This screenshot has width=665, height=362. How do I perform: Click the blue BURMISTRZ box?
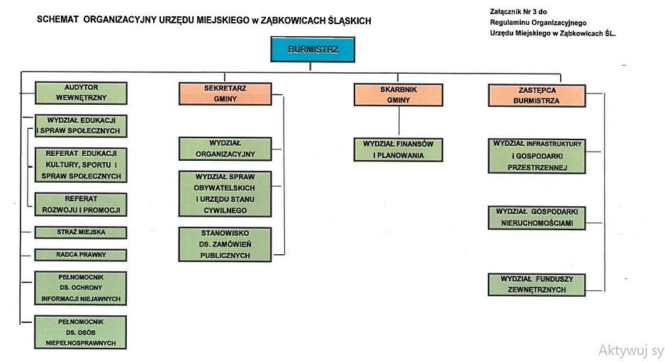click(x=313, y=50)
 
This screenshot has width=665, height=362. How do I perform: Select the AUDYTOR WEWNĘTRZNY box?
click(x=81, y=93)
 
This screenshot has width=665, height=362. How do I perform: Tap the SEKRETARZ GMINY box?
click(x=225, y=94)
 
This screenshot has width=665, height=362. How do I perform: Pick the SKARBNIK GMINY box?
click(x=398, y=95)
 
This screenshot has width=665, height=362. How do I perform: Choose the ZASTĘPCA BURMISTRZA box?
click(x=537, y=96)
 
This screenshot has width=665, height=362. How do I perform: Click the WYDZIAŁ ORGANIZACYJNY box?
click(x=225, y=149)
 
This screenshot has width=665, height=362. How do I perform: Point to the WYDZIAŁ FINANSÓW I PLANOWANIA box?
click(x=398, y=149)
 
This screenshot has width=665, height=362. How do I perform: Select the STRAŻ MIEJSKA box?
click(x=81, y=232)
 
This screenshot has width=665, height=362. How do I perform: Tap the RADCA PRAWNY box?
click(x=81, y=255)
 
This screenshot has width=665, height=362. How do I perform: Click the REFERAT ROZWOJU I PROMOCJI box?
click(x=81, y=204)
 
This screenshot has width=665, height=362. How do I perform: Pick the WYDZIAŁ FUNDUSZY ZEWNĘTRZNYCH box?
click(x=537, y=285)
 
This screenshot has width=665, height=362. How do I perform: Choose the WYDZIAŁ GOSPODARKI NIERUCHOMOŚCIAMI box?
click(x=537, y=218)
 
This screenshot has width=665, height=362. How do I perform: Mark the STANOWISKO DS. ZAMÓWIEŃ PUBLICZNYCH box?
click(x=225, y=244)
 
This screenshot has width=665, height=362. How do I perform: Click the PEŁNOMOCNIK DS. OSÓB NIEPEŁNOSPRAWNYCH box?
click(x=81, y=332)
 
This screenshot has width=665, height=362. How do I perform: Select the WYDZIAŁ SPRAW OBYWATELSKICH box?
click(x=225, y=193)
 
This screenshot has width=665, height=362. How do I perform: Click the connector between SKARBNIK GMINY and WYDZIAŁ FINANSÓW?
click(x=398, y=122)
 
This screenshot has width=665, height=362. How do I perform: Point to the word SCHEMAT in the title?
click(x=57, y=20)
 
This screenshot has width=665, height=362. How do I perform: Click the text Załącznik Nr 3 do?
click(x=518, y=12)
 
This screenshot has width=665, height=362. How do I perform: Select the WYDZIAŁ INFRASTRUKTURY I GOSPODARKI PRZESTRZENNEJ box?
click(x=537, y=156)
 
